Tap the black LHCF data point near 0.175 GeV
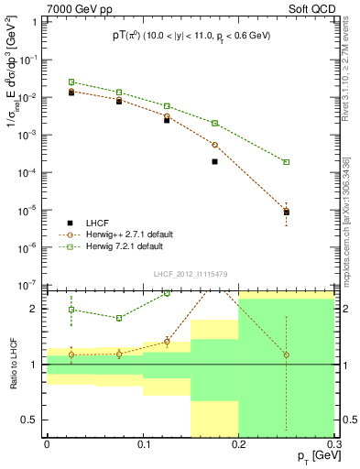point(214,161)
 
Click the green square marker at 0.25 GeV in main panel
point(287,162)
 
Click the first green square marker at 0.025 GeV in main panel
point(71,82)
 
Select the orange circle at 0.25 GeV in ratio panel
point(287,354)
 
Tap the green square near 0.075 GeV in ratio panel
point(119,318)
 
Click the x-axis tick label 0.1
point(143,444)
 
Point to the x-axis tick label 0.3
point(333,444)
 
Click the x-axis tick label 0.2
point(238,444)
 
